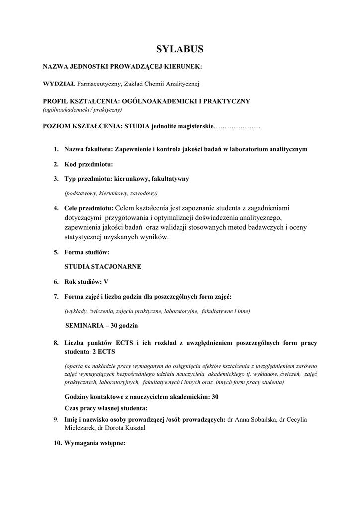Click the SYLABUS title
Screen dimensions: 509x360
(180, 49)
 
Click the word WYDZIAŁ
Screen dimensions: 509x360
(59, 84)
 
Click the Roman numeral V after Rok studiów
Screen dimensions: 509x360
(106, 281)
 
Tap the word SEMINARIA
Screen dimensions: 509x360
(85, 326)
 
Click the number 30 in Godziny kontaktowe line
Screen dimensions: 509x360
(215, 397)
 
